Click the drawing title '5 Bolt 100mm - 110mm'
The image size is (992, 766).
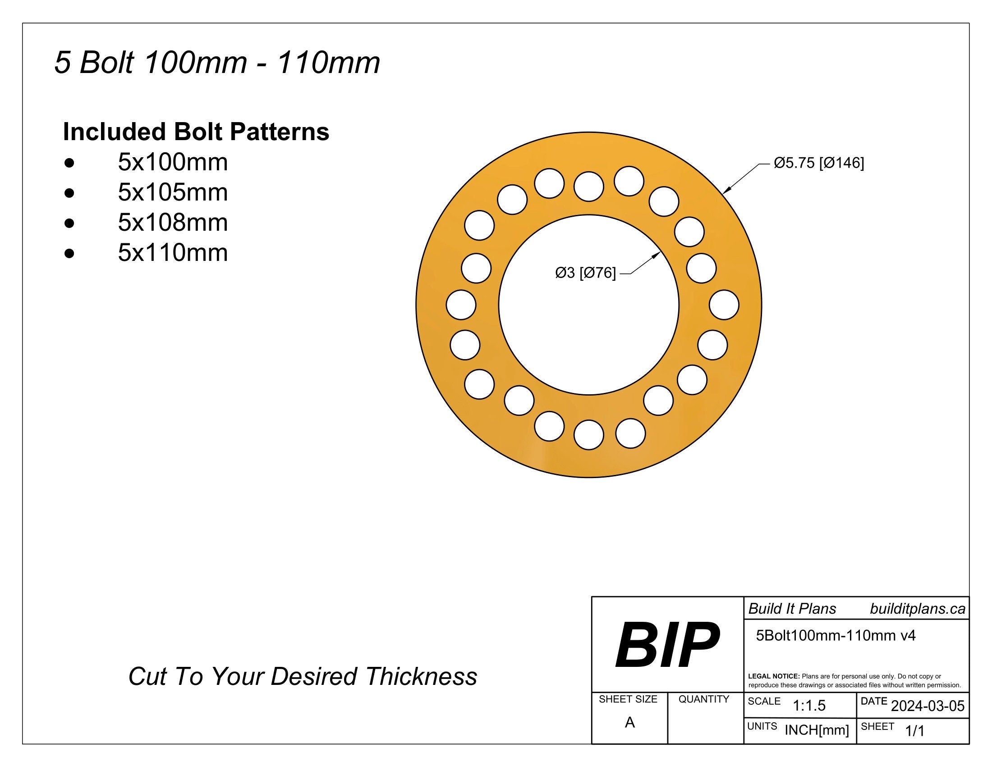pos(217,63)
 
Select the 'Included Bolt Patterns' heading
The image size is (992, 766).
pos(196,132)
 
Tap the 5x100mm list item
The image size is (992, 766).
pos(173,162)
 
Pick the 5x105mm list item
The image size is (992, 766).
pos(173,192)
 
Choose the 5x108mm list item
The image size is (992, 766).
pos(173,222)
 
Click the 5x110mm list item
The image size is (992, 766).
pos(173,253)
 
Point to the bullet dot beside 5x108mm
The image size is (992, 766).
pos(69,223)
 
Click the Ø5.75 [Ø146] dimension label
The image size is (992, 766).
pos(818,163)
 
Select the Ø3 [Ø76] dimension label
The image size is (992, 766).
pos(585,273)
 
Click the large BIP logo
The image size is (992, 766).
pos(667,645)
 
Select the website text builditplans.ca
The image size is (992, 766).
pos(917,609)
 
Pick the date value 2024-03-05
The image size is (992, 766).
pos(928,706)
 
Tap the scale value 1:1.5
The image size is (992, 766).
pos(809,705)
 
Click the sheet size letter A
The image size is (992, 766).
pos(629,722)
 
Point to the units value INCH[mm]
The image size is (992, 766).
pos(816,730)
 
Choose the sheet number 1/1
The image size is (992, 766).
pos(915,730)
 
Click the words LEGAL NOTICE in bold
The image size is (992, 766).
pos(773,676)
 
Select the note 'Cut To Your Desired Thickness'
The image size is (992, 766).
pos(303,677)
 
